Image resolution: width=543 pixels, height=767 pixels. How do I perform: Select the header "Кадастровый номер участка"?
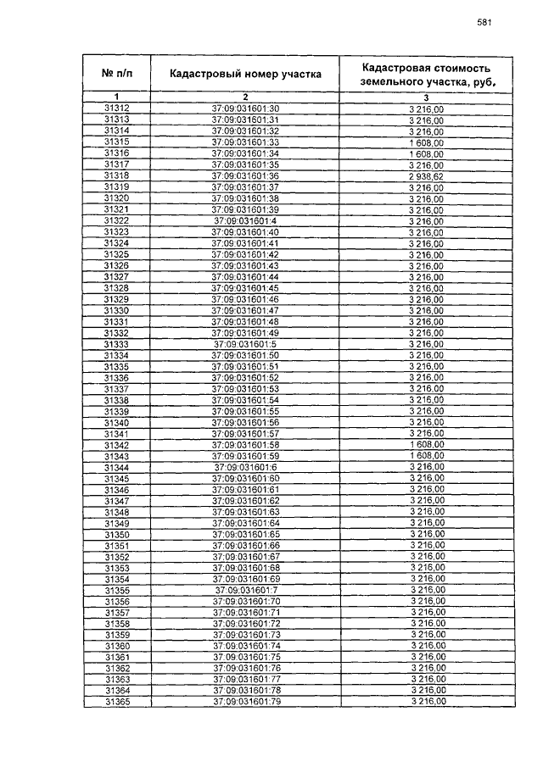[245, 74]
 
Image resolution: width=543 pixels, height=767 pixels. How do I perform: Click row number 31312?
[116, 108]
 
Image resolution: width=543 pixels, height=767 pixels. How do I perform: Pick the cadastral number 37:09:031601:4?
[245, 220]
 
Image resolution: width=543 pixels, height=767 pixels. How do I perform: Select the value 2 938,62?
[427, 175]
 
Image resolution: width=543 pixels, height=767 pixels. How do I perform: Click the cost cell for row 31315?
[427, 142]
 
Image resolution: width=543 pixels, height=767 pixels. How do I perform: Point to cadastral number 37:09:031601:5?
[245, 344]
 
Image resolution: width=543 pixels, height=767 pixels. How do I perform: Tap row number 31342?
[116, 445]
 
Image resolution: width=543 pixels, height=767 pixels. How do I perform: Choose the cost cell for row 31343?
[427, 456]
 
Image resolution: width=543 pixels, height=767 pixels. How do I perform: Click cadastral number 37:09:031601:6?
[245, 467]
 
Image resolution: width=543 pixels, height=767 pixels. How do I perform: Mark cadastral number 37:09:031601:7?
[245, 590]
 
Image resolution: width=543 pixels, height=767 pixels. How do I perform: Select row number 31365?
[117, 702]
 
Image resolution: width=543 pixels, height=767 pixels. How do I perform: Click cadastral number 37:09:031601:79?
[246, 702]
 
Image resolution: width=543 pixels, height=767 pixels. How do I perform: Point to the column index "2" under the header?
[245, 97]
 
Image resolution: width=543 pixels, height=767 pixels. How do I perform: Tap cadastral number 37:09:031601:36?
[245, 175]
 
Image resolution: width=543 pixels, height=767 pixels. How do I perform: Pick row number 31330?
[116, 310]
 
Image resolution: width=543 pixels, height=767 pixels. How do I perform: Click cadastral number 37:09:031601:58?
[245, 445]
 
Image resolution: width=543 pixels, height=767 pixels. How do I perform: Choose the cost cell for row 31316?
[427, 153]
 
